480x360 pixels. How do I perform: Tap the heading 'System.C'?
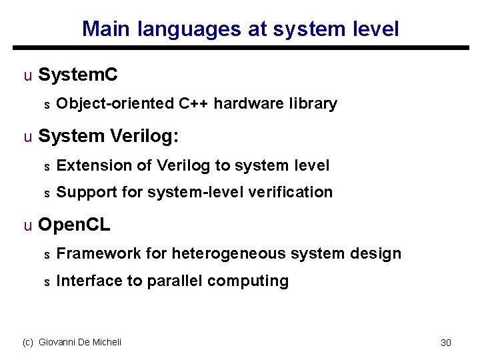tap(78, 75)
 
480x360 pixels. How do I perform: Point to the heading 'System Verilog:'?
tap(109, 137)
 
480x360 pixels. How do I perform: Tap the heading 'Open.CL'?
tap(74, 225)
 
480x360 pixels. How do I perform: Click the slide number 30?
tap(446, 343)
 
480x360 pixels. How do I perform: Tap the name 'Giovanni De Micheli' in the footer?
tap(80, 342)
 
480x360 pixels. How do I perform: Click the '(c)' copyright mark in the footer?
tap(28, 342)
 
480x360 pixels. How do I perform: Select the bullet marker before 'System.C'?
tap(27, 76)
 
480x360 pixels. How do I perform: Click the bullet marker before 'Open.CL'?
tap(27, 226)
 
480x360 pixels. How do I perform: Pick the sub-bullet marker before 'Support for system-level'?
tap(47, 193)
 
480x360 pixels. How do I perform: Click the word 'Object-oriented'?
tap(115, 104)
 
